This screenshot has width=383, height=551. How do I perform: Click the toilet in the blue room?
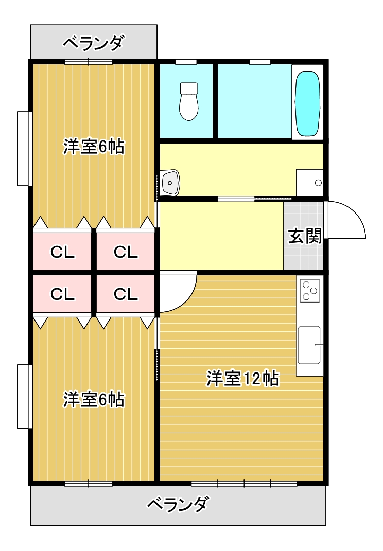coord(188,101)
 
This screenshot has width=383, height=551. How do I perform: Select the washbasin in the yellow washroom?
coord(169,183)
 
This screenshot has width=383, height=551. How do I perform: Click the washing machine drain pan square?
coord(309,182)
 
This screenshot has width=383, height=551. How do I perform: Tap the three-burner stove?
coord(310,290)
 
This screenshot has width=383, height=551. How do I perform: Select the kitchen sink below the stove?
coord(309,344)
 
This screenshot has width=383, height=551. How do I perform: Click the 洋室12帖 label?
coord(242,379)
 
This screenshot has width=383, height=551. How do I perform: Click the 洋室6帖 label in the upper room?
coord(94,147)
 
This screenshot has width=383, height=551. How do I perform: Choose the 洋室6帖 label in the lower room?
coord(94,399)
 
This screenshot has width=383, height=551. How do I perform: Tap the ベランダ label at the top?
coord(93,43)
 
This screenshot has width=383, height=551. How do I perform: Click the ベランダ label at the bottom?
coord(178,504)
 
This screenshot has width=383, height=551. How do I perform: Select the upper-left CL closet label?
coord(62,252)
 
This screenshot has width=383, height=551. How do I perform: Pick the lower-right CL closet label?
coord(126,294)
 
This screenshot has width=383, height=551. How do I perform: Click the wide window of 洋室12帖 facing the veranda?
coord(244,484)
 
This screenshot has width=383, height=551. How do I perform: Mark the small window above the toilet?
coord(186,62)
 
